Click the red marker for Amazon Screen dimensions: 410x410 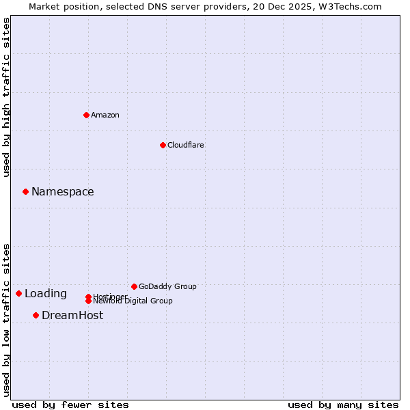point(86,115)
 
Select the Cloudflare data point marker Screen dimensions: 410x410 point(163,145)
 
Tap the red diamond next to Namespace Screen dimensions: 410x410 point(25,192)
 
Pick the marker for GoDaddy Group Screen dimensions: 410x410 point(134,286)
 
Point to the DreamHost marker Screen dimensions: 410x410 point(36,315)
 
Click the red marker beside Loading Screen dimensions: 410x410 point(18,293)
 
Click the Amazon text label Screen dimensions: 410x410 point(105,115)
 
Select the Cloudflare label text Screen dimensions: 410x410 point(186,145)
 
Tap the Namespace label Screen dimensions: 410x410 point(63,192)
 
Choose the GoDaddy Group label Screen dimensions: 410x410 point(167,286)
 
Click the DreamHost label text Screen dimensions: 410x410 point(72,315)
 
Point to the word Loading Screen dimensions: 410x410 point(46,294)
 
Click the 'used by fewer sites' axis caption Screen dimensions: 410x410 point(70,405)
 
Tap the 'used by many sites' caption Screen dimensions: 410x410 point(343,405)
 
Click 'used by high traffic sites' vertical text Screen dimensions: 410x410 point(7,97)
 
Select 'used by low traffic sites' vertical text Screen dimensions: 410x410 point(7,319)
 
